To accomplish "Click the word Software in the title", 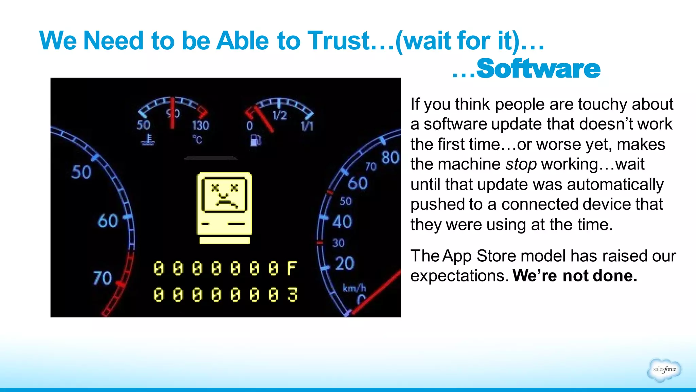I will tap(538, 69).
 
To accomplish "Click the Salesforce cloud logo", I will tap(664, 370).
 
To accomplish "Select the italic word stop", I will tap(521, 164).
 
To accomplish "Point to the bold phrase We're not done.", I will tap(575, 276).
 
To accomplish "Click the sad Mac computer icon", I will tap(224, 208).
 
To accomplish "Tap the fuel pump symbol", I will tap(256, 140).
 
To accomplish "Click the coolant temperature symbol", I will tap(148, 139).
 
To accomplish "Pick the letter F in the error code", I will tap(292, 268).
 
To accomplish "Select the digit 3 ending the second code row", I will tap(292, 295).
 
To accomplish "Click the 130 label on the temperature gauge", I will tap(201, 126).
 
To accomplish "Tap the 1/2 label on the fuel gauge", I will tap(280, 116).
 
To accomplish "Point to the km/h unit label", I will tap(354, 288).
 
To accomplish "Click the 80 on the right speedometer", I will tap(390, 158).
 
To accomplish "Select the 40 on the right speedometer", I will tap(342, 222).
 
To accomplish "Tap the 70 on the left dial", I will tap(103, 278).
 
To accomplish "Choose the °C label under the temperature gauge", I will tap(197, 140).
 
